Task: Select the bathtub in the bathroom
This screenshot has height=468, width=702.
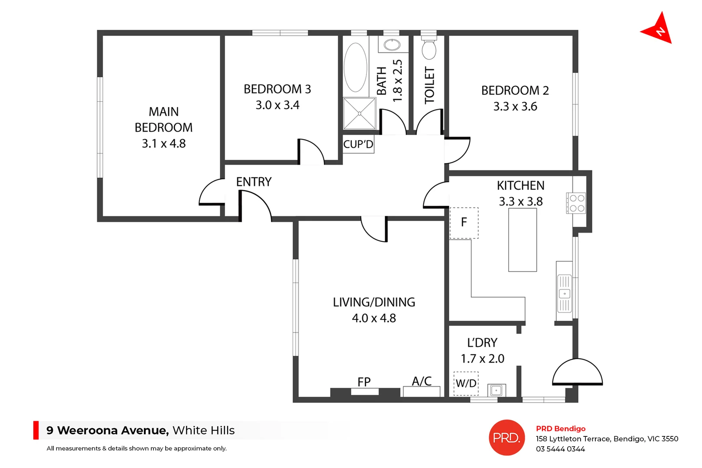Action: point(356,67)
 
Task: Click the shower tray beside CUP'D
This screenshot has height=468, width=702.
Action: point(359,114)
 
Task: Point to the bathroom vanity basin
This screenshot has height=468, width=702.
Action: point(392,45)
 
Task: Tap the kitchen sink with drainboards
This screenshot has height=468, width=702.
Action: point(564,293)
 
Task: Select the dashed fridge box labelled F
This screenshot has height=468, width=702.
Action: point(464,223)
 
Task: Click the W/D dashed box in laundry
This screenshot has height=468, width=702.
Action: point(466,383)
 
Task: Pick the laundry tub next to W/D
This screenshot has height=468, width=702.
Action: point(496,390)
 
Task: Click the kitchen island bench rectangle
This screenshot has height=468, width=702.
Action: point(522,240)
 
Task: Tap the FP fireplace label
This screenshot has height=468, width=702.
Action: point(364,382)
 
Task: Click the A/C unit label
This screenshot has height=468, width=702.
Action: point(421,381)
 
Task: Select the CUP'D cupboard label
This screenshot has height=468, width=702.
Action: point(358,144)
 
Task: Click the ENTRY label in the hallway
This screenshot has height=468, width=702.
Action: point(254,182)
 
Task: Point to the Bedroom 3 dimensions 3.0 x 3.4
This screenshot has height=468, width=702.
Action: point(277,105)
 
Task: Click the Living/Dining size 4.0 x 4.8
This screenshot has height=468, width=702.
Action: point(374,318)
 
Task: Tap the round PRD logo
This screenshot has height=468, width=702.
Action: point(506,438)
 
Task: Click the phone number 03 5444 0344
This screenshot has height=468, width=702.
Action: point(560,449)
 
